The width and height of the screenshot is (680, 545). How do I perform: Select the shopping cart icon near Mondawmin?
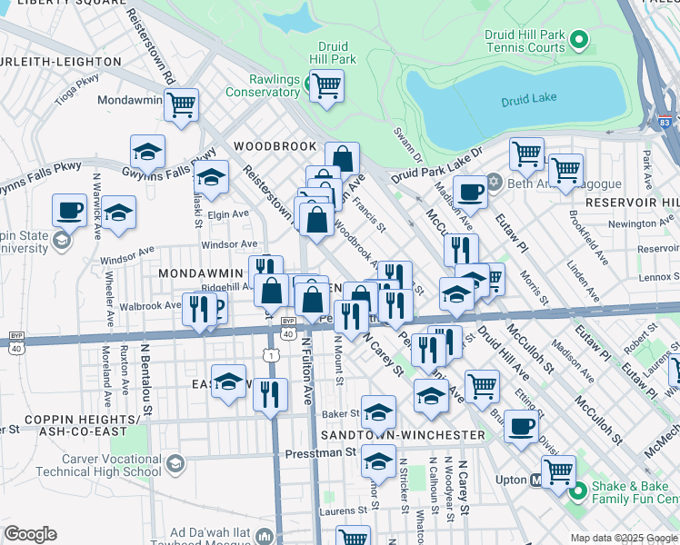pyautogui.click(x=182, y=104)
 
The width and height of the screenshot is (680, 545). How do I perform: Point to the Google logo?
pyautogui.click(x=30, y=534)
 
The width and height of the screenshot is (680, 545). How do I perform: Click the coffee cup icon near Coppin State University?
pyautogui.click(x=69, y=211)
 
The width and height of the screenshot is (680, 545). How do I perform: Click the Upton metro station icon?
pyautogui.click(x=536, y=480)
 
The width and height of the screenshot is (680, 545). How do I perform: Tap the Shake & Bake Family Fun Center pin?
pyautogui.click(x=577, y=492)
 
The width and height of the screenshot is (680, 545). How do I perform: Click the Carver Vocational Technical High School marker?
pyautogui.click(x=175, y=464)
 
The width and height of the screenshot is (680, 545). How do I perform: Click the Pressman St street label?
pyautogui.click(x=314, y=452)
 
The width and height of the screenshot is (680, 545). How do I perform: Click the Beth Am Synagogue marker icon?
pyautogui.click(x=494, y=180)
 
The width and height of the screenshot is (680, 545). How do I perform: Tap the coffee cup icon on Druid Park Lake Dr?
pyautogui.click(x=470, y=193)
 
